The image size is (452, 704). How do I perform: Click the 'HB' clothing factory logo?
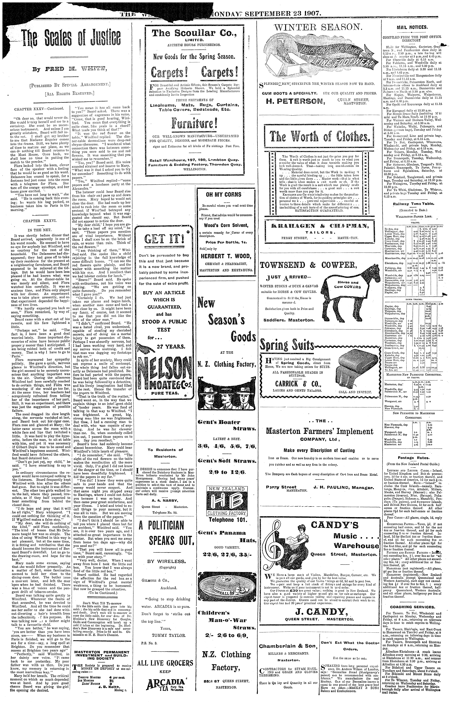tap(226, 502)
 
